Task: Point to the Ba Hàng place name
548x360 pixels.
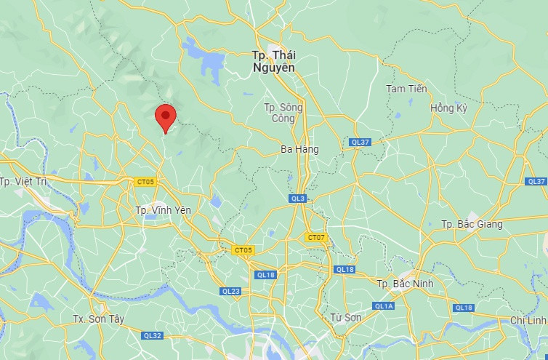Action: (299, 149)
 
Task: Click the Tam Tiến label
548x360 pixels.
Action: (406, 89)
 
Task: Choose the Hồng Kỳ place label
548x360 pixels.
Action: (448, 108)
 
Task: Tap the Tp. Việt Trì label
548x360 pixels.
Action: (23, 182)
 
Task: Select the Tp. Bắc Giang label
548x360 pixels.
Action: (472, 224)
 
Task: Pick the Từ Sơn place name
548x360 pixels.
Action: (346, 317)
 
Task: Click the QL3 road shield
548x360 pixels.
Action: (298, 199)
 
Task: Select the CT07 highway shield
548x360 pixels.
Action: (316, 237)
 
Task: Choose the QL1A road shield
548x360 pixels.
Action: (384, 306)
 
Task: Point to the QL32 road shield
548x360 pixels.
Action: (153, 335)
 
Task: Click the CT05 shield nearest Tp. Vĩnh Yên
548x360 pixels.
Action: (145, 182)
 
